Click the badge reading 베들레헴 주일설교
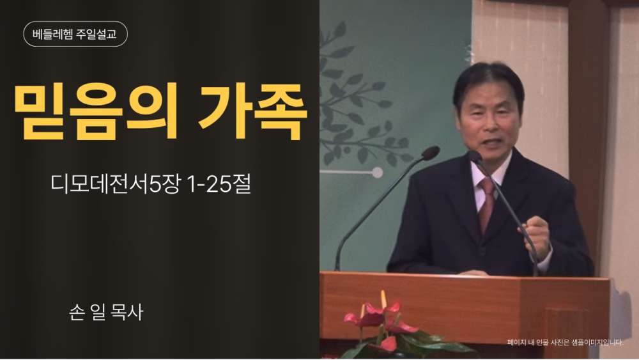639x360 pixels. pos(75,34)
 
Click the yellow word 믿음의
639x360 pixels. pos(96,111)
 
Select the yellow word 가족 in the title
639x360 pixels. pos(252,111)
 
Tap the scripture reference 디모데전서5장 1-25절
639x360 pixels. pos(150,184)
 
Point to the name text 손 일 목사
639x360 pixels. pos(106,312)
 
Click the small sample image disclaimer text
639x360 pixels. pos(566,343)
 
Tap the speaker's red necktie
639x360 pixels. pos(486,204)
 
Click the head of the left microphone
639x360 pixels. pos(430,153)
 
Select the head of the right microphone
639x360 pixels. pos(475,156)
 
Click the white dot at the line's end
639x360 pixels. pos(378,173)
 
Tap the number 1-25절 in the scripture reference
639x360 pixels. pos(218,184)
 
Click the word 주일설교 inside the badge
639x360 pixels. pos(96,34)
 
